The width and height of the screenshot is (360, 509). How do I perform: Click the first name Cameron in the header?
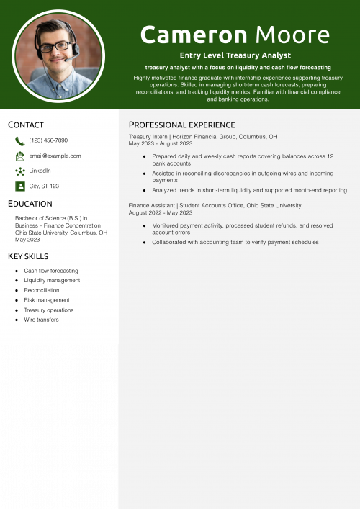pyautogui.click(x=193, y=34)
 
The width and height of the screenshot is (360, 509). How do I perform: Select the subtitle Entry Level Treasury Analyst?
pyautogui.click(x=235, y=55)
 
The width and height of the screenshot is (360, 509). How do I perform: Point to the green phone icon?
pyautogui.click(x=19, y=141)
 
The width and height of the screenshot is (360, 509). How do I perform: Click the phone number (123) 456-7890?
pyautogui.click(x=48, y=140)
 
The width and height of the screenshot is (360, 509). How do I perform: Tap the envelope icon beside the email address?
pyautogui.click(x=19, y=156)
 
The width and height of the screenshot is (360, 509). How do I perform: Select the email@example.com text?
pyautogui.click(x=55, y=156)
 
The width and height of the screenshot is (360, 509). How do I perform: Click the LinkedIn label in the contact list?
pyautogui.click(x=40, y=171)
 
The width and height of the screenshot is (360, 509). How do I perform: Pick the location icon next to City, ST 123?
pyautogui.click(x=19, y=186)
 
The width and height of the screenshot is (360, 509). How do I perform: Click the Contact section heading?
pyautogui.click(x=26, y=125)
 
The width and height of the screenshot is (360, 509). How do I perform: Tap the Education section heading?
pyautogui.click(x=30, y=204)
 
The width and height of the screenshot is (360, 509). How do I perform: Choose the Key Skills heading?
pyautogui.click(x=28, y=256)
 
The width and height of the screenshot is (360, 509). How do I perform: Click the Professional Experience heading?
pyautogui.click(x=181, y=125)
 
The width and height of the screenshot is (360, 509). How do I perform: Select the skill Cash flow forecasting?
pyautogui.click(x=51, y=271)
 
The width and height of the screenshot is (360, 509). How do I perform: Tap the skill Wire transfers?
pyautogui.click(x=41, y=320)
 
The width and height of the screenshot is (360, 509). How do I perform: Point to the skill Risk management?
pyautogui.click(x=47, y=300)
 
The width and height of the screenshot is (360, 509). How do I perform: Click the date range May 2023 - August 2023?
pyautogui.click(x=161, y=143)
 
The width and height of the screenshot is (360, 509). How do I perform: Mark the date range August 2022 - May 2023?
pyautogui.click(x=161, y=212)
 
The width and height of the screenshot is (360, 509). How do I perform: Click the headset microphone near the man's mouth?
pyautogui.click(x=66, y=59)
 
